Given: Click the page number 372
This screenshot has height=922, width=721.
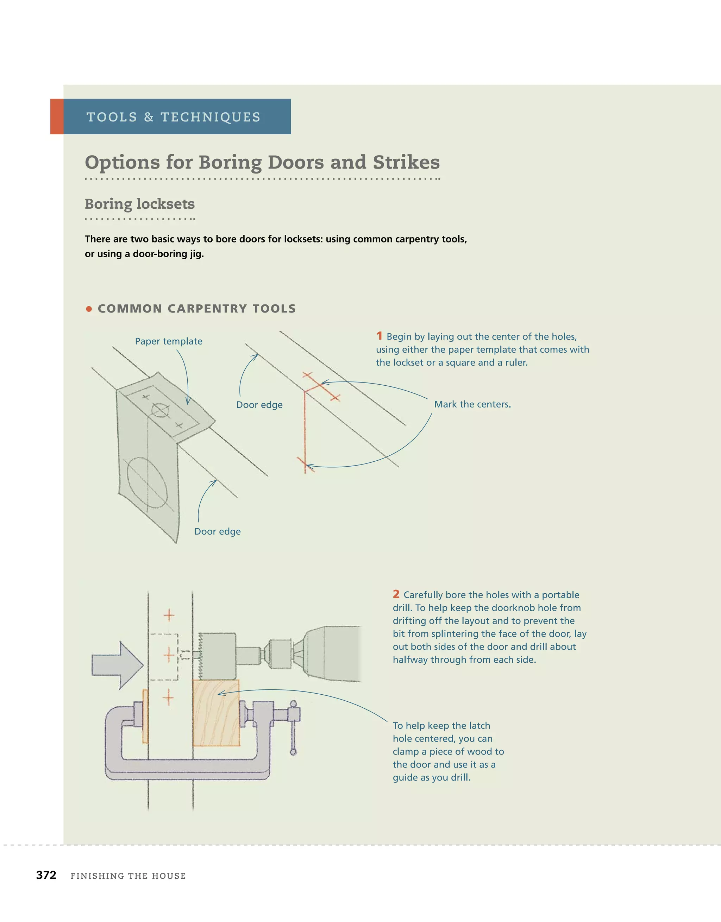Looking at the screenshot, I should point(46,875).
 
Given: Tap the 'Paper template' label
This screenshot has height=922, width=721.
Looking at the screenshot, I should point(169,341).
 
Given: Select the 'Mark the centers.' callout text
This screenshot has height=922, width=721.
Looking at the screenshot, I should point(472,404).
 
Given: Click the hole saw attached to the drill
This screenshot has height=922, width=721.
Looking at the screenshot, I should point(217,656).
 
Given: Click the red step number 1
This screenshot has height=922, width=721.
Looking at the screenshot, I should point(379,336).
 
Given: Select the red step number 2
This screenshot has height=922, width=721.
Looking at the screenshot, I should point(396,594).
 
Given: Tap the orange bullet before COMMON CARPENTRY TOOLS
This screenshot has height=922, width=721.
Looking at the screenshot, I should point(89,309).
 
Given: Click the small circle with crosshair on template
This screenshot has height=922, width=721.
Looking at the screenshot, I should point(160,410).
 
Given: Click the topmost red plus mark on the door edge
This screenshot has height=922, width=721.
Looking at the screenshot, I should point(169,615).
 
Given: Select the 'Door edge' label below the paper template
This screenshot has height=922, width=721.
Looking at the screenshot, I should point(218,531).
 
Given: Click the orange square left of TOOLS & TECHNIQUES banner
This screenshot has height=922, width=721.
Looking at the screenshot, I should point(57,116).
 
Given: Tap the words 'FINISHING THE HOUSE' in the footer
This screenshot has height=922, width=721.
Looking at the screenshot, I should point(128,876).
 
